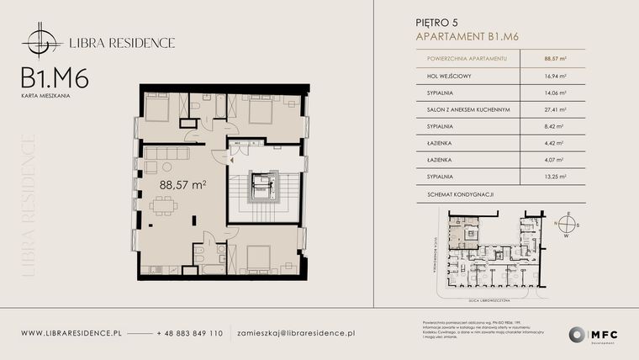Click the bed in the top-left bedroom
coord(157,108)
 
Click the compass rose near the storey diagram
coord(568,224)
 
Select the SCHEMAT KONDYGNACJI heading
coord(454,194)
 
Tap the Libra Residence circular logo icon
coord(40,41)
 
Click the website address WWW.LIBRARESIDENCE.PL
coord(71,333)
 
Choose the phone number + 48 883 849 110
coord(190,333)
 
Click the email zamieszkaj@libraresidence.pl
coord(296,333)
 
